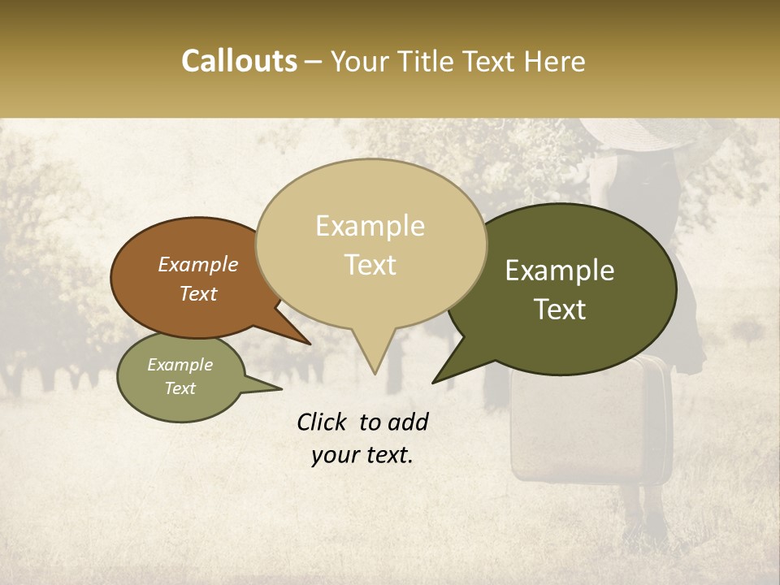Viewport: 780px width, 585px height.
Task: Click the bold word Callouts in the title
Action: pos(239,61)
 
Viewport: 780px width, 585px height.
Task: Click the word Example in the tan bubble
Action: pos(370,226)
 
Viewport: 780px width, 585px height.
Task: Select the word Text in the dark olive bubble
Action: pos(560,310)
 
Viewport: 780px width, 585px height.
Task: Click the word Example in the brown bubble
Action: pos(197,264)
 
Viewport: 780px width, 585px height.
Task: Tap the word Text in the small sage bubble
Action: pos(180,388)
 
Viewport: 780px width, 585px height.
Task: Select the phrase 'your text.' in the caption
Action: pos(362,455)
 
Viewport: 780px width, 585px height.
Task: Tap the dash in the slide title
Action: pos(314,62)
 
